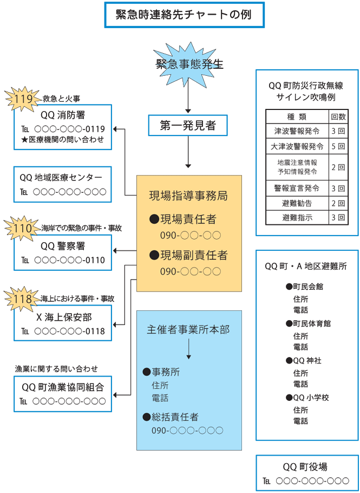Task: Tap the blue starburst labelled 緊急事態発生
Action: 189,64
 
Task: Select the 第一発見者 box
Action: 188,126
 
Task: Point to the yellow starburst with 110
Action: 22,228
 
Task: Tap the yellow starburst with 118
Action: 22,299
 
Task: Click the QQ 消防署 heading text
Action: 62,115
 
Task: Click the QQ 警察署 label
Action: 62,246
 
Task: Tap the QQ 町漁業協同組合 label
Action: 62,387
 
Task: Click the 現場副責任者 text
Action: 188,255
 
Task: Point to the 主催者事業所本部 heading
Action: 188,329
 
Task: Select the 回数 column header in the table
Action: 338,116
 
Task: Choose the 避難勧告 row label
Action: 297,203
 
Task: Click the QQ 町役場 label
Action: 305,466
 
